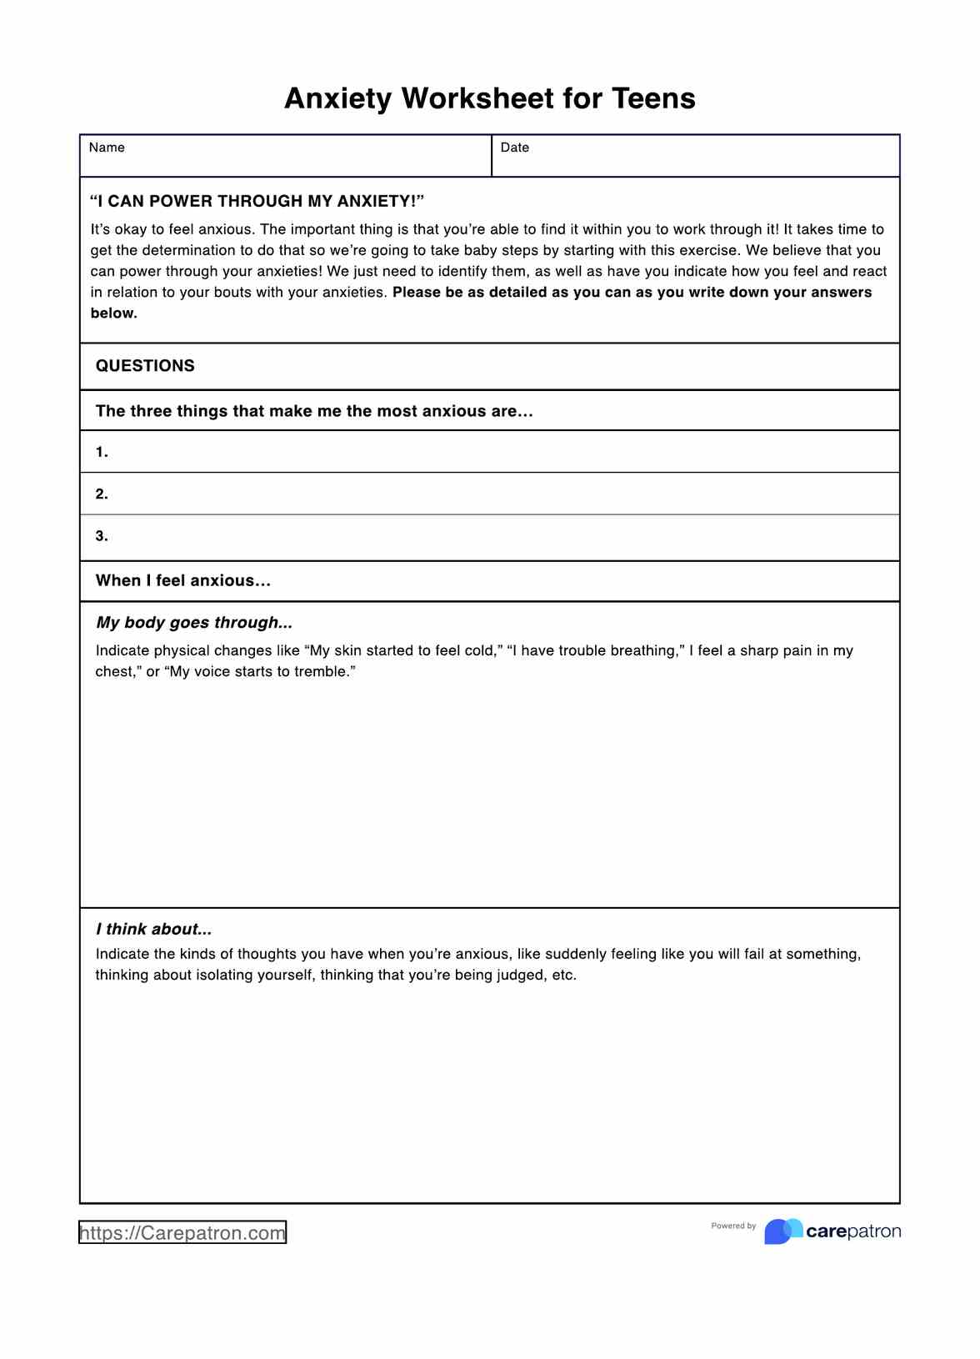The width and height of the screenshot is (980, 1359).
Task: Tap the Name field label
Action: coord(107,148)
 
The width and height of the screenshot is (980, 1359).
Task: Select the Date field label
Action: coord(515,148)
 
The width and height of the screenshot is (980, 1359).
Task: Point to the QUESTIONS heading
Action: coord(145,366)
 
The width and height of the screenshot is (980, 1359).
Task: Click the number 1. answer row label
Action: coord(102,452)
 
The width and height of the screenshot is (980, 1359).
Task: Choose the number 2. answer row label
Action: coord(102,494)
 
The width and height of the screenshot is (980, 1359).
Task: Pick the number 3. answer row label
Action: coord(102,536)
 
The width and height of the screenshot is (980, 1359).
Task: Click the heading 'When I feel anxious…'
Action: coord(183,581)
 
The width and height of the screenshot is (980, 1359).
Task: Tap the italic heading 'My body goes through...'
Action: coord(194,623)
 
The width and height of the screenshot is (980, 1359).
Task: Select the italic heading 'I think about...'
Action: coord(154,930)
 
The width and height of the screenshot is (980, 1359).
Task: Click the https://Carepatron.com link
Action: coord(182,1233)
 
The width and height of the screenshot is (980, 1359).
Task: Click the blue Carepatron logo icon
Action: coord(782,1231)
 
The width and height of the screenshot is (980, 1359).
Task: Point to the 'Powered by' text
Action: coord(733,1226)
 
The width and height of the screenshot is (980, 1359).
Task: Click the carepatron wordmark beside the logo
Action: coord(853,1231)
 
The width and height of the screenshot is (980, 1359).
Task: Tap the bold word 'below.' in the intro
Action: coord(114,313)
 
